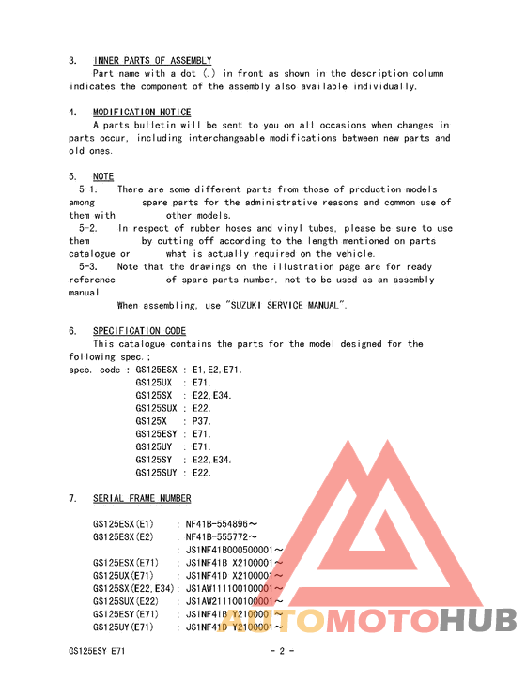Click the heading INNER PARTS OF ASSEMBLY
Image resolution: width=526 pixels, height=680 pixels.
coord(152,60)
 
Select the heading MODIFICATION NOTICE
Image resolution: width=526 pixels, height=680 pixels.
coord(142,113)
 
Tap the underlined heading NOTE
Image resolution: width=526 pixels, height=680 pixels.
coord(103,176)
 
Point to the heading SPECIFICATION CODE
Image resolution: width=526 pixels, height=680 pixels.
coord(139,331)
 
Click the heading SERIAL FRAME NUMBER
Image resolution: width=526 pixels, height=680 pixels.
coord(142,498)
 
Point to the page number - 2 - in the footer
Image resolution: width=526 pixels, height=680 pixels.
coord(283,650)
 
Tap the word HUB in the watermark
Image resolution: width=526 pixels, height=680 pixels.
coord(478,620)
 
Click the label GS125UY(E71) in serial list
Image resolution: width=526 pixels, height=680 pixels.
coord(124,627)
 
